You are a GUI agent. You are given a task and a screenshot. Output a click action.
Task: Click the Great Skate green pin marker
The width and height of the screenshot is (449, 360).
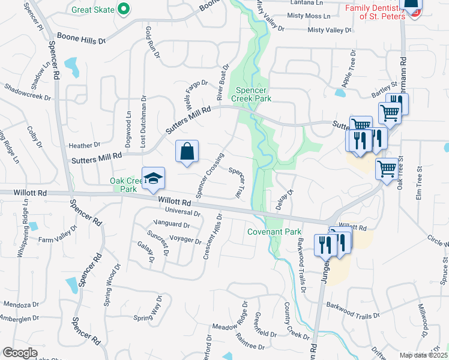pos(124,9)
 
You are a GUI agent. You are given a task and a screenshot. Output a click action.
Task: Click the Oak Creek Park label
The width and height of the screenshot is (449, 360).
pos(124,184)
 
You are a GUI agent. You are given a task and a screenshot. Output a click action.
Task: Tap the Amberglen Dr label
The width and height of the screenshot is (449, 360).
pos(20,319)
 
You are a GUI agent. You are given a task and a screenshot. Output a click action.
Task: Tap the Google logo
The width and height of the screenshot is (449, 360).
pos(20,353)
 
